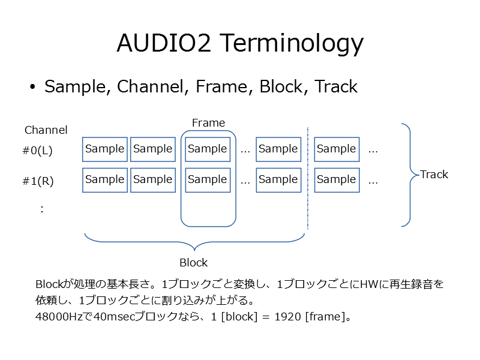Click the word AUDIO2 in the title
pos(164,43)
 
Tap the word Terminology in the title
pos(292,44)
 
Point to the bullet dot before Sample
pos(32,87)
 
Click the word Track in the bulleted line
pos(336,86)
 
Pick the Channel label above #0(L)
pos(46,130)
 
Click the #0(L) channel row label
pos(37,151)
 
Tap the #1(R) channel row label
pos(38,181)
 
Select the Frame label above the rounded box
pos(208,123)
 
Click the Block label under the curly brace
pos(193,263)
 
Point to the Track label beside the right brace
pos(434,175)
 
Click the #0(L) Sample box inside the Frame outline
pos(208,149)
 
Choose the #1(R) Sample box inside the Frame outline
pos(208,180)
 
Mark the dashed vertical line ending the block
pos(308,178)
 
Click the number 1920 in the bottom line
pos(288,317)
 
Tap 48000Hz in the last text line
pos(59,317)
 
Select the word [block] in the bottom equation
pos(239,317)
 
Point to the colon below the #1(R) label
pos(42,209)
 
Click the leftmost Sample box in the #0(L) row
pos(104,149)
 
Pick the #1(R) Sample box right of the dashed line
pos(337,180)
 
